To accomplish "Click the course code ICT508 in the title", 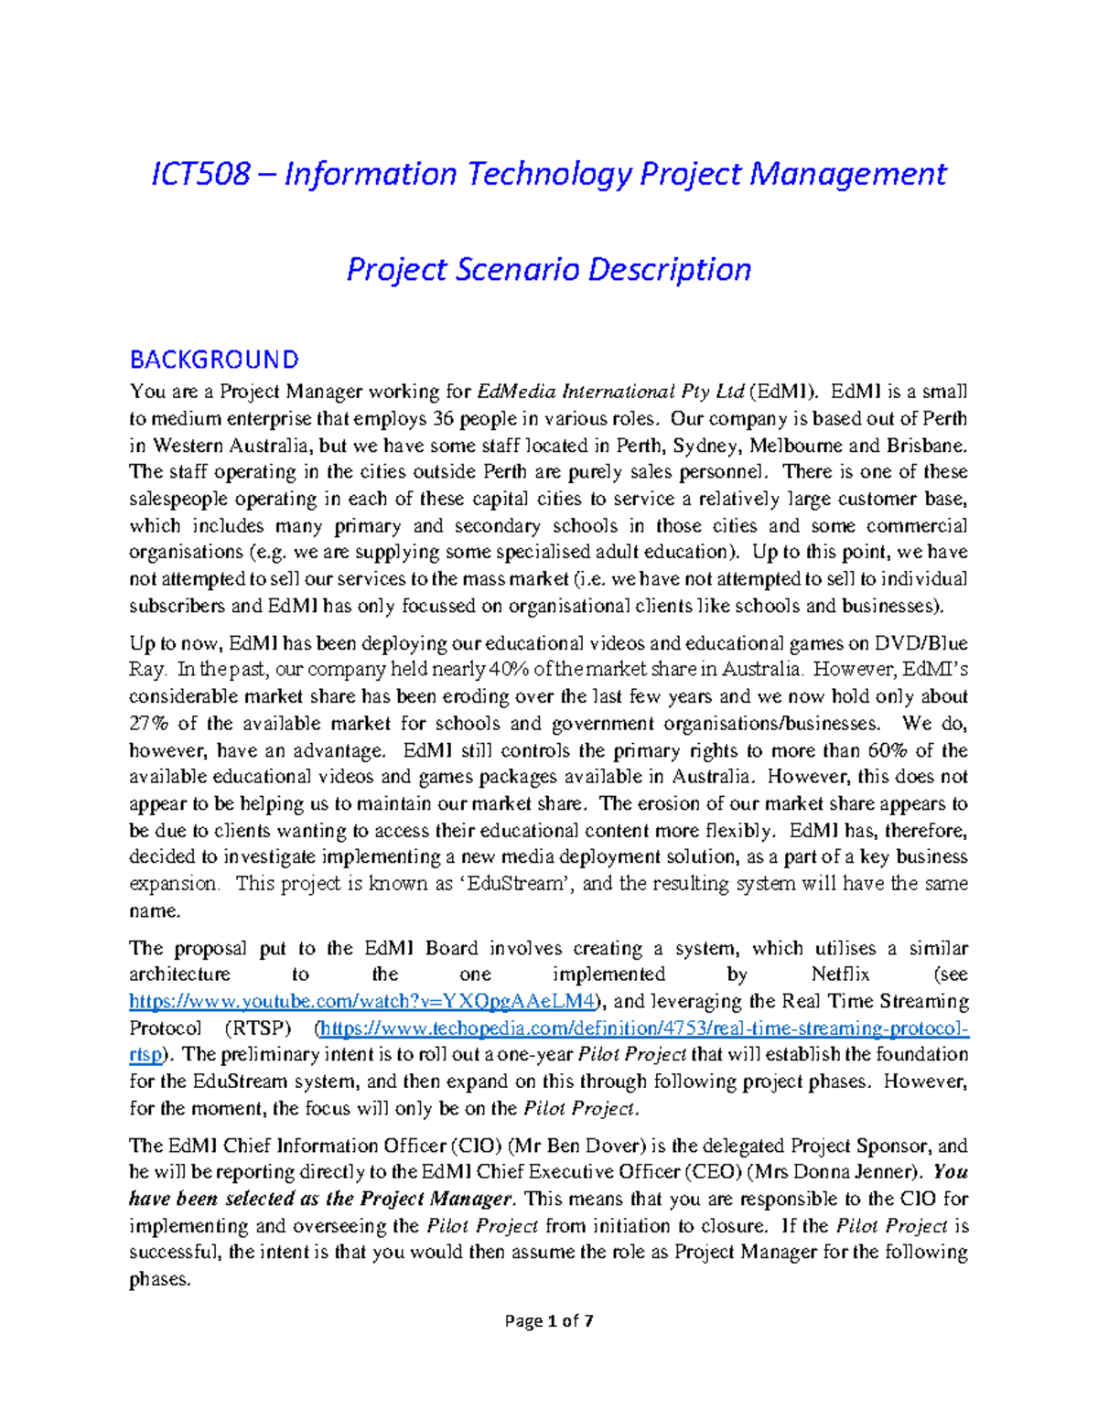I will pos(200,173).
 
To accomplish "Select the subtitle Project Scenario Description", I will pos(548,269).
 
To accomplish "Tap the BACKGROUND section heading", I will pos(214,359).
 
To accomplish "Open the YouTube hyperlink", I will pos(362,1001).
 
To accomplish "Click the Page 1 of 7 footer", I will pos(549,1320).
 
